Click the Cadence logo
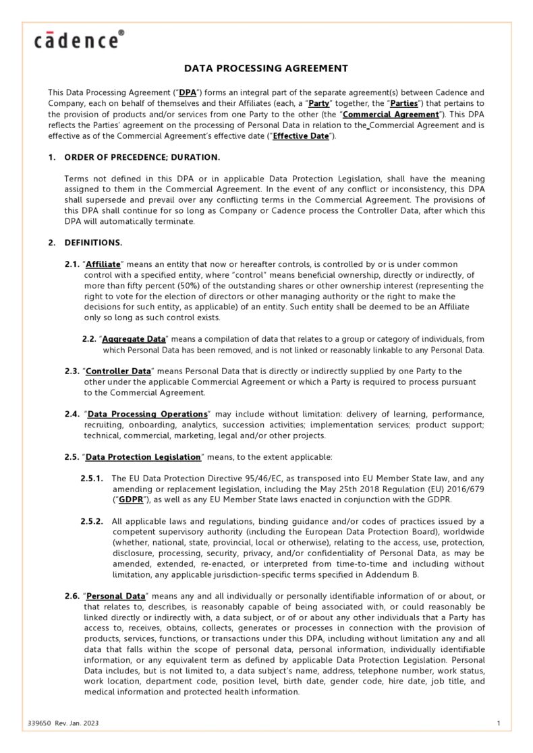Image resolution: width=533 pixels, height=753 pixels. point(79,40)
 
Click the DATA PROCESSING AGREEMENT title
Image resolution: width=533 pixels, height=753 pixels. point(266,68)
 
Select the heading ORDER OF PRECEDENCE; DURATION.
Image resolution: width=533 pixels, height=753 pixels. point(142,157)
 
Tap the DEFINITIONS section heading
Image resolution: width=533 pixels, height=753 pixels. point(93,242)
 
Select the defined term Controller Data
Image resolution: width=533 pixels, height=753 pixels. point(118,371)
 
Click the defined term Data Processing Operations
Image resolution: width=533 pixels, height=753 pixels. point(147,413)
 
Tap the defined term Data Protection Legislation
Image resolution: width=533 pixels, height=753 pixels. point(144,456)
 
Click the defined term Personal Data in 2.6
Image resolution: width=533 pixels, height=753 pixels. point(116,597)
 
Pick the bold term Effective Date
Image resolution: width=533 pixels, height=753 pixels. point(301,135)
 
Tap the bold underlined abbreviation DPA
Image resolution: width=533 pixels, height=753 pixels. point(188,92)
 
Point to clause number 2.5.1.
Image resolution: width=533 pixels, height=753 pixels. point(92,478)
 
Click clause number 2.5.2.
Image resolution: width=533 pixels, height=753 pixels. point(92,521)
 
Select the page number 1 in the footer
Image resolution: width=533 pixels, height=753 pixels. point(498,723)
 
